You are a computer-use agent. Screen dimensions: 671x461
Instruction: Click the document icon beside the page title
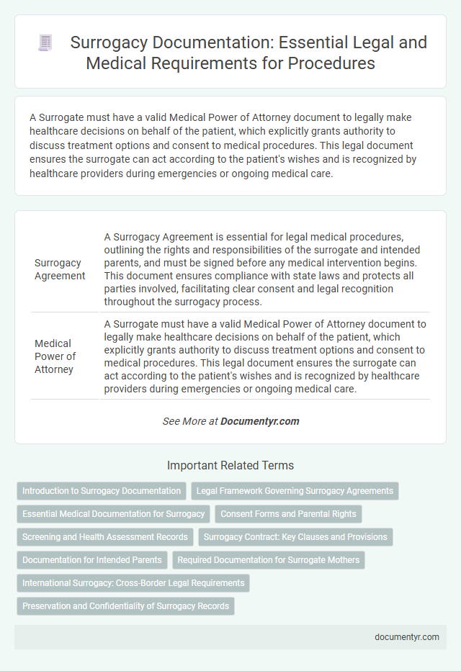tap(45, 43)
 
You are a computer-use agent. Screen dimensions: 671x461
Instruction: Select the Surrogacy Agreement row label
tap(60, 269)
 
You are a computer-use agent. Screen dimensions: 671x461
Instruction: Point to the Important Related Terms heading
tap(230, 465)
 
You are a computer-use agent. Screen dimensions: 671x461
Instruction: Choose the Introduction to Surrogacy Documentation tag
tap(102, 491)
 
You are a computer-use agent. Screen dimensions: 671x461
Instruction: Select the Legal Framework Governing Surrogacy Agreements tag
tap(295, 491)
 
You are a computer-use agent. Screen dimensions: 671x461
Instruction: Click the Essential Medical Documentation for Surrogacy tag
tap(114, 514)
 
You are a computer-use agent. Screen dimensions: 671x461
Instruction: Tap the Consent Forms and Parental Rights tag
tap(288, 514)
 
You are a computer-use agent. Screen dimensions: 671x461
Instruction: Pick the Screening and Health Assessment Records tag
tap(105, 537)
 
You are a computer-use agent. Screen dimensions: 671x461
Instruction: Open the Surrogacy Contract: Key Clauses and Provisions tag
tap(295, 537)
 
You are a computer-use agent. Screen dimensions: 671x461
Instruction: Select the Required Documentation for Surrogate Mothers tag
tap(269, 560)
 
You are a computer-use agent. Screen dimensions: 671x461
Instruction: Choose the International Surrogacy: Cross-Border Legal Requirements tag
tap(133, 583)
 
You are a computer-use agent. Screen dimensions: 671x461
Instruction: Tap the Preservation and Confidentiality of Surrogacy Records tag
tap(125, 606)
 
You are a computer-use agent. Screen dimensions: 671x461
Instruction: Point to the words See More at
tap(189, 421)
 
